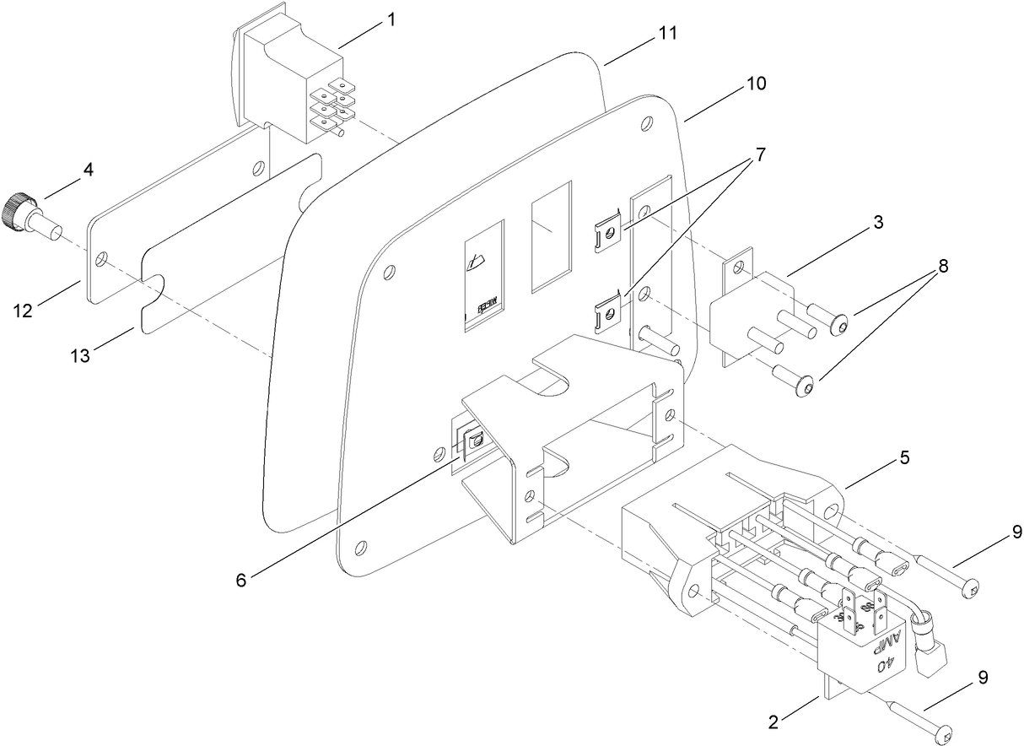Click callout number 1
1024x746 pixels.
click(391, 19)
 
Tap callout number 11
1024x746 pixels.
click(667, 33)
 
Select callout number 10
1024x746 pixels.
click(756, 84)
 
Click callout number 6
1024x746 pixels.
click(242, 581)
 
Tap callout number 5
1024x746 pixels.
click(904, 457)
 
